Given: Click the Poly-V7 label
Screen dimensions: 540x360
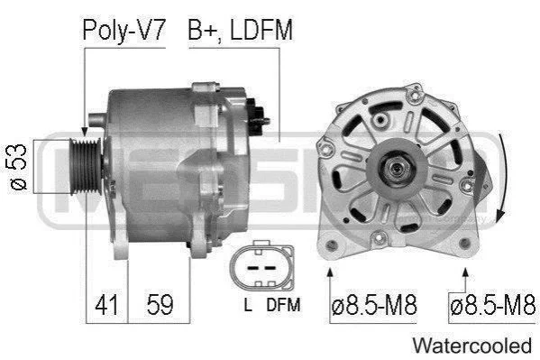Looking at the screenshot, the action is point(124,31).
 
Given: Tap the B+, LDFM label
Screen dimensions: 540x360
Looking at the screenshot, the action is point(240,31).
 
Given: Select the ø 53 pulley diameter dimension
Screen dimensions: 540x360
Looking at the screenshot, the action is point(19,167).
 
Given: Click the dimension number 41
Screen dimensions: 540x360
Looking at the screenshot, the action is point(106,305).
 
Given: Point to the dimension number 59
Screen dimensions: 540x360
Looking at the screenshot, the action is point(160,305).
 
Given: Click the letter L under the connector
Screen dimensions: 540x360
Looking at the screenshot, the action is point(248,304).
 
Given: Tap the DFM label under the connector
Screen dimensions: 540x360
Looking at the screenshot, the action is point(283,304).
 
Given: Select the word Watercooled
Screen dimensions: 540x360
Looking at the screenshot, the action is point(472,346).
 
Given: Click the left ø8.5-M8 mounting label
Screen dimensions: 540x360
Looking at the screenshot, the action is point(374,305).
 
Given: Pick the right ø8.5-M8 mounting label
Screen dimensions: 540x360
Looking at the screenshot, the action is point(492,305).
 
